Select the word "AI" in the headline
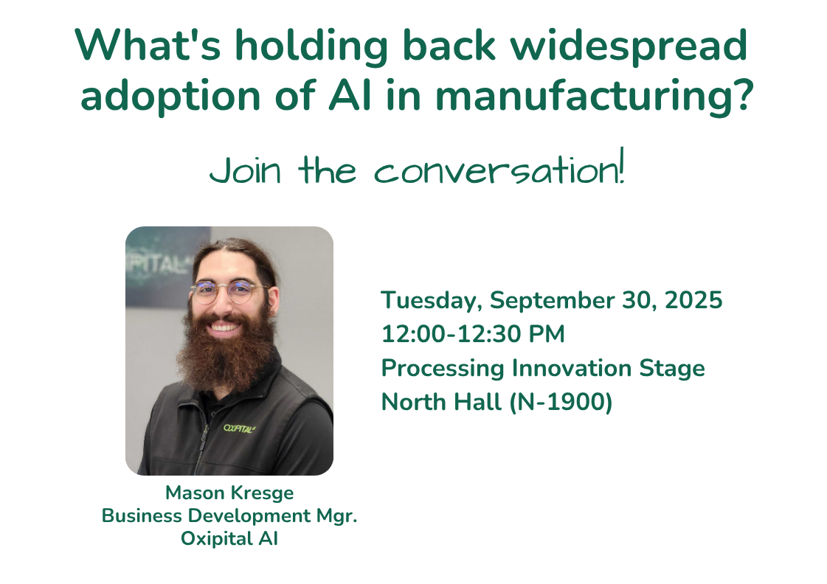point(350,95)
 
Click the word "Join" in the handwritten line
point(245,171)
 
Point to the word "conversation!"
point(499,167)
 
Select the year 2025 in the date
point(693,300)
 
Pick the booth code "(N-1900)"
point(561,402)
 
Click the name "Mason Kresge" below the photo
point(229,493)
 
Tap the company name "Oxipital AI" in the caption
point(229,539)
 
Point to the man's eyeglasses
point(229,291)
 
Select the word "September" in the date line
point(553,301)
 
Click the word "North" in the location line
point(414,402)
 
